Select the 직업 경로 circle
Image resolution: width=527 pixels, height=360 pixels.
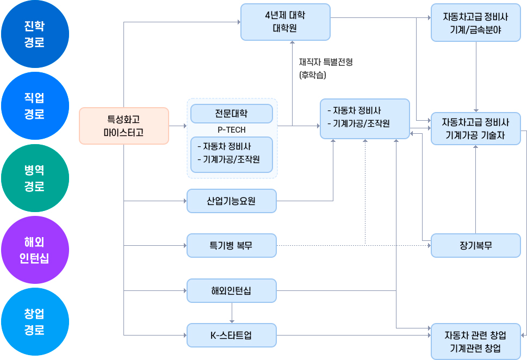(x=35, y=106)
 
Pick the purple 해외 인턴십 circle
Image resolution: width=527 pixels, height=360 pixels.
(x=35, y=250)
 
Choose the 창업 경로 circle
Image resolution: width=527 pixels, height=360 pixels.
(x=35, y=322)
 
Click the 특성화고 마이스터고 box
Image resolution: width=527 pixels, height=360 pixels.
(x=124, y=126)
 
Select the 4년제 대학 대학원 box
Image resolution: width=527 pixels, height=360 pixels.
(x=285, y=22)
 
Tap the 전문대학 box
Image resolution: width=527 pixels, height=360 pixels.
(x=231, y=114)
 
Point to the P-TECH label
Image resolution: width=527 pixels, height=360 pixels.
(x=231, y=130)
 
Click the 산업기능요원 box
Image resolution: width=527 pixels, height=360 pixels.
(x=231, y=201)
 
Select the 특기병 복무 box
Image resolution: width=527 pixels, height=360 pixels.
(x=231, y=245)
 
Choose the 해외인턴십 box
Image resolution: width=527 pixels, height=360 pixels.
(x=231, y=290)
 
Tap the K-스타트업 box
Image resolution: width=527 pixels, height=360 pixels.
(x=231, y=335)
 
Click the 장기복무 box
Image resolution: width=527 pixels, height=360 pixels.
(x=475, y=245)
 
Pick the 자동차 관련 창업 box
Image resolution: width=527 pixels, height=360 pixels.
(x=475, y=342)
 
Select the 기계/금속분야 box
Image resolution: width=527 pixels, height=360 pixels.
(x=475, y=22)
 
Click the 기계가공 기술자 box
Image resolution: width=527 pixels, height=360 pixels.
(x=475, y=128)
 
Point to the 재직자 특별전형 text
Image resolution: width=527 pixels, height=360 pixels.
(x=325, y=63)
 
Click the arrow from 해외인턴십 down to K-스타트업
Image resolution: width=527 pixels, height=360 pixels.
(x=232, y=313)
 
